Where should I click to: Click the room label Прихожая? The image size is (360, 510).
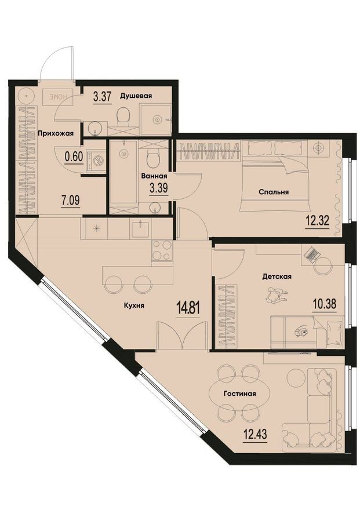[56, 133]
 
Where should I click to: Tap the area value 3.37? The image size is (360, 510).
[102, 97]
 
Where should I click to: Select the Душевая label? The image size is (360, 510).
[136, 96]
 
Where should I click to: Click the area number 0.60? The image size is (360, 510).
[74, 157]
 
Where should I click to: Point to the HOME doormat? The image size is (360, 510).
[58, 97]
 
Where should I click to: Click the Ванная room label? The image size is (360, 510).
[154, 176]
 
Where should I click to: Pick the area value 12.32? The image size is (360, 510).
[317, 221]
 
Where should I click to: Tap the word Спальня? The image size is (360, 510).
[274, 192]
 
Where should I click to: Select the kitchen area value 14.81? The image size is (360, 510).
[188, 307]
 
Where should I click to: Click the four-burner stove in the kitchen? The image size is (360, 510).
[162, 250]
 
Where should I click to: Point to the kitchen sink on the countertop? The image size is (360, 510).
[141, 228]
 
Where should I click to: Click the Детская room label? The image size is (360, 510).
[277, 276]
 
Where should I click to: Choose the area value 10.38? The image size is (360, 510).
[324, 304]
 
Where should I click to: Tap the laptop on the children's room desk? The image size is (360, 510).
[311, 254]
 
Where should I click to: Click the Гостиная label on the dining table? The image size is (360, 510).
[239, 394]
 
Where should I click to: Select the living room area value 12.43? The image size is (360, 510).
[255, 434]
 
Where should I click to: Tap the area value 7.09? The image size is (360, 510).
[71, 200]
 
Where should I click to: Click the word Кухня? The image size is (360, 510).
[134, 305]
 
